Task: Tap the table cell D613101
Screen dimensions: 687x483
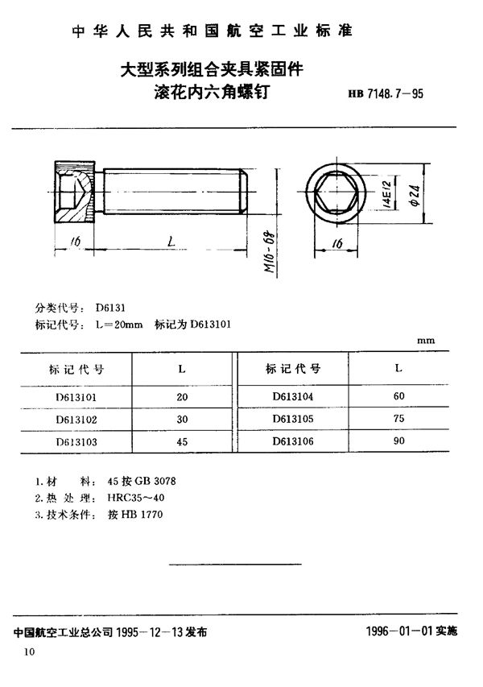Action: pos(78,398)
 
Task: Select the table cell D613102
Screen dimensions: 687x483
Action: pos(78,420)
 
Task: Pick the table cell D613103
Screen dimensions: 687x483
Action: pos(78,442)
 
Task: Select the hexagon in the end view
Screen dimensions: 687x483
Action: pos(337,195)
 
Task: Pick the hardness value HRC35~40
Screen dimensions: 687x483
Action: pos(135,498)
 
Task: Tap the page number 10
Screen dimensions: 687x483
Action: pos(30,651)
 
